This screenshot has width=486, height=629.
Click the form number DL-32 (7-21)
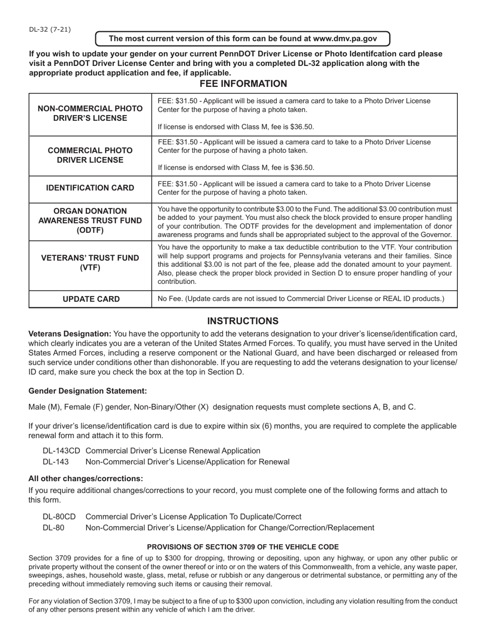pos(50,29)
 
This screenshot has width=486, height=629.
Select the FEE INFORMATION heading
pos(243,84)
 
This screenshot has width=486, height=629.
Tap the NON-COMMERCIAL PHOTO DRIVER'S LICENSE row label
pos(90,114)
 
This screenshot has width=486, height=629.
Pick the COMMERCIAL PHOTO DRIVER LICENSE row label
pos(90,155)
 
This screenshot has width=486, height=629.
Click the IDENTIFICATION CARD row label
pos(90,188)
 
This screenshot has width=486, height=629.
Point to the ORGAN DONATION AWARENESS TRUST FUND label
pos(90,220)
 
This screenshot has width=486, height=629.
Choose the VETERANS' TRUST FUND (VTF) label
pos(90,262)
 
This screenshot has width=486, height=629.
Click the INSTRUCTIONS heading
pos(243,321)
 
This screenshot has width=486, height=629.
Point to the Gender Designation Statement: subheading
pos(87,391)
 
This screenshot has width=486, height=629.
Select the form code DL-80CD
pos(59,516)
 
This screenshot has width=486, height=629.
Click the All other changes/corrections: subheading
pos(85,479)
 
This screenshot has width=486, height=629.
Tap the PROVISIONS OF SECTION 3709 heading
pos(243,547)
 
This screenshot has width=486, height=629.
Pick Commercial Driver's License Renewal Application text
pos(173,451)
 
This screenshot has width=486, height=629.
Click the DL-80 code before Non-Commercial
pos(54,527)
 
